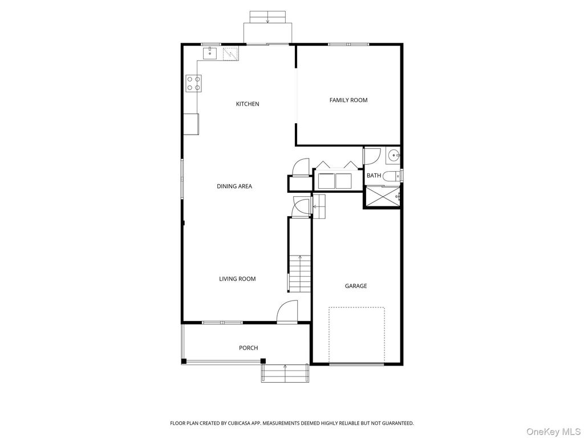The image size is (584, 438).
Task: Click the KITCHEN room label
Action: pyautogui.click(x=248, y=104)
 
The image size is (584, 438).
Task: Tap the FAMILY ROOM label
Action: pyautogui.click(x=348, y=100)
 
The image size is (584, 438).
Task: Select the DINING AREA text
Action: pyautogui.click(x=234, y=186)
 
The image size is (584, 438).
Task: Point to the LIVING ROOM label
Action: pyautogui.click(x=237, y=279)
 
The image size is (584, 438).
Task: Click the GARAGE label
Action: pyautogui.click(x=355, y=286)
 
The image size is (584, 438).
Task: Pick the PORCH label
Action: pyautogui.click(x=248, y=348)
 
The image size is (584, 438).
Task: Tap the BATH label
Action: pyautogui.click(x=374, y=176)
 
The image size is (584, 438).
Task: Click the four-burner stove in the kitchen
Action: pyautogui.click(x=193, y=84)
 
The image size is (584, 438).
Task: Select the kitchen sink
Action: pyautogui.click(x=209, y=54)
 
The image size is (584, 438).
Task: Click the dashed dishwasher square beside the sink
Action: pyautogui.click(x=230, y=54)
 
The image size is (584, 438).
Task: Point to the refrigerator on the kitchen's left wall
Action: pyautogui.click(x=191, y=123)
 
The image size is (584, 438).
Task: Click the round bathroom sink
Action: pyautogui.click(x=393, y=155)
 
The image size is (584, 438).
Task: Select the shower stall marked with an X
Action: pyautogui.click(x=382, y=197)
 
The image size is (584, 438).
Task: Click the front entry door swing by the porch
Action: pyautogui.click(x=287, y=312)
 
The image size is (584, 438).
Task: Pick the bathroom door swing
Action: pyautogui.click(x=372, y=156)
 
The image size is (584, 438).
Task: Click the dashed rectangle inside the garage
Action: pyautogui.click(x=356, y=335)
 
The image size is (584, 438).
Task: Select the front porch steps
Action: pyautogui.click(x=285, y=374)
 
